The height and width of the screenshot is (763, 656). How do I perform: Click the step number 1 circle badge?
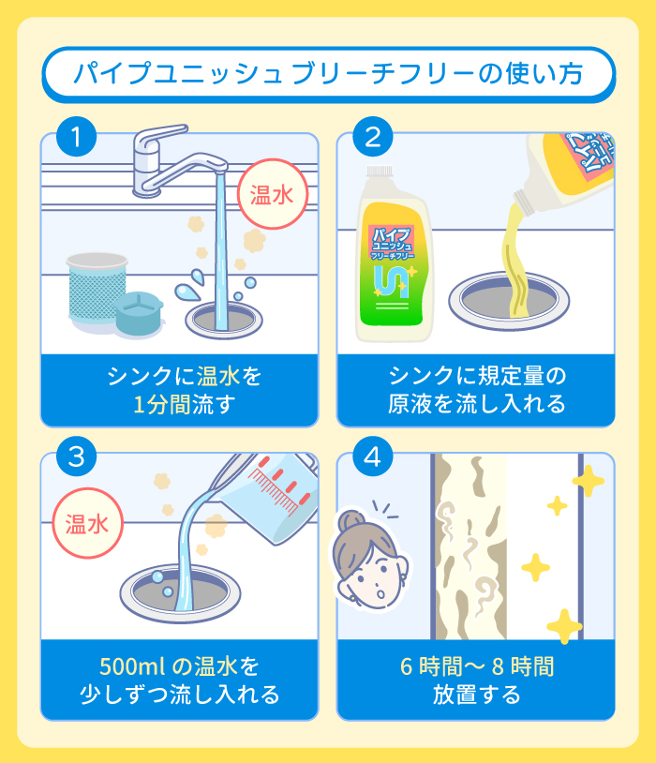tap(77, 139)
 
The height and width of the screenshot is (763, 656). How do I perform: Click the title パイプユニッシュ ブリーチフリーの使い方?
tap(328, 73)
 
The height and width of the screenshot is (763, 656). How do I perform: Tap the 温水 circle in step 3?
tap(86, 524)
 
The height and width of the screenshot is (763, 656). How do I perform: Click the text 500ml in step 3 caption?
tap(129, 666)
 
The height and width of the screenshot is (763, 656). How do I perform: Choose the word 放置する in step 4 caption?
tap(475, 695)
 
